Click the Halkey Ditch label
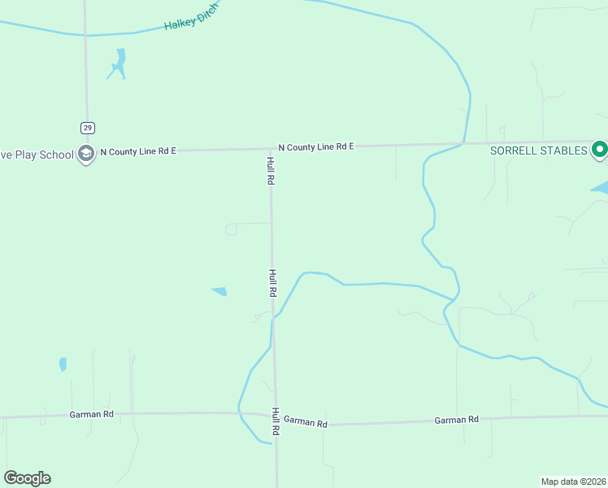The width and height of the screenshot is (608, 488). (x=192, y=18)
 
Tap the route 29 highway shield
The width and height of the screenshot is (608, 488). (x=87, y=128)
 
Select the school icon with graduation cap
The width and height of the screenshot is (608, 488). (x=85, y=154)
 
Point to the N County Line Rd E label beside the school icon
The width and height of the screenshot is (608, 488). (x=138, y=151)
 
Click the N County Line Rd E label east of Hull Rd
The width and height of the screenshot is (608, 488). (x=316, y=147)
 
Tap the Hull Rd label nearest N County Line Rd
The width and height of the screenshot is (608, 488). (x=271, y=170)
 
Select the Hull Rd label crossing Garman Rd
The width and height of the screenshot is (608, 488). (x=276, y=420)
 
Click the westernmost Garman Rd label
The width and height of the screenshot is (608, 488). (x=92, y=414)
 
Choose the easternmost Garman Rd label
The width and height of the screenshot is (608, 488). (x=456, y=420)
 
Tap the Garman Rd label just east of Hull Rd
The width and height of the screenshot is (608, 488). (x=306, y=423)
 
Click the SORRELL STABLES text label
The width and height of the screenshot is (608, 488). (x=538, y=151)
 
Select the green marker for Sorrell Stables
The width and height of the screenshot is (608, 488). (x=600, y=149)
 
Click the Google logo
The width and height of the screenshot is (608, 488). (x=27, y=478)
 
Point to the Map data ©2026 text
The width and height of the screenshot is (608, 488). (x=573, y=481)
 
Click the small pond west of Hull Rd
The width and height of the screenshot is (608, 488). (x=219, y=291)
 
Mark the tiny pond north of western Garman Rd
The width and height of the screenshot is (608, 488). (x=63, y=364)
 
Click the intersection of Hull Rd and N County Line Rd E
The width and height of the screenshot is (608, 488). (x=271, y=149)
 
